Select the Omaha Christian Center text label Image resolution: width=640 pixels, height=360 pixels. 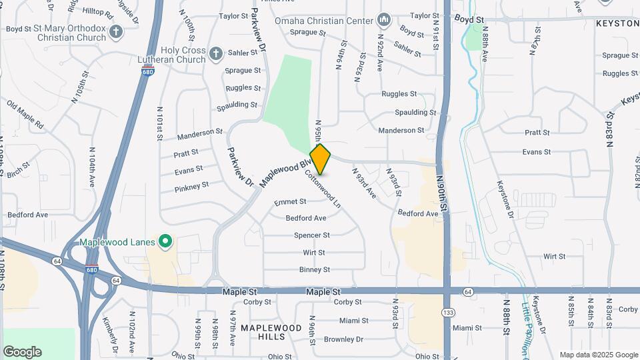click(323, 21)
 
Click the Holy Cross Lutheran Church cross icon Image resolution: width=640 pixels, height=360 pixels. click(215, 53)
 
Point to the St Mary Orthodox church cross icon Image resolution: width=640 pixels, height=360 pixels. click(116, 31)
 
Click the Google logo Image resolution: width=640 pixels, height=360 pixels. click(22, 351)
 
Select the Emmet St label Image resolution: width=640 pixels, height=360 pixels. click(290, 201)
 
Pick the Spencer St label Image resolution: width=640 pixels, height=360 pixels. click(312, 235)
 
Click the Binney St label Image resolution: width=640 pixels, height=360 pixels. click(315, 269)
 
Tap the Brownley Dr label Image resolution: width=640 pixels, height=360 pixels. click(344, 339)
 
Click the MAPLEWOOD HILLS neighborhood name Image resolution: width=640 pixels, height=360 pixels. click(271, 333)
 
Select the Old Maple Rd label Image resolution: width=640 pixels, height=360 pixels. click(25, 115)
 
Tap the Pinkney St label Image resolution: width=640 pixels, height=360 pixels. click(192, 186)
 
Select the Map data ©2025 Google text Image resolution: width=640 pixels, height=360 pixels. click(599, 355)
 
